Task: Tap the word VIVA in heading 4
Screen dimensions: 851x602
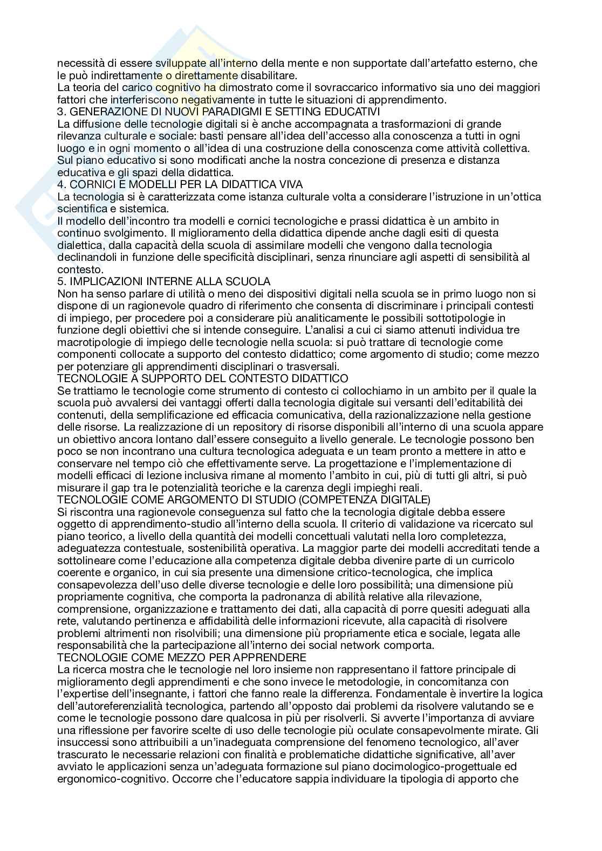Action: [x=291, y=184]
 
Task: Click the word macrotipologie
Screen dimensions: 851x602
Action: [x=91, y=342]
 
